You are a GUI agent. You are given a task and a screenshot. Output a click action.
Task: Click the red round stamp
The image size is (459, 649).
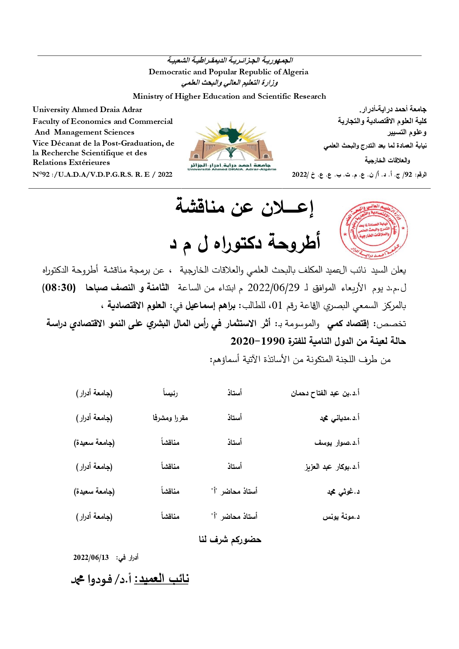click(373, 230)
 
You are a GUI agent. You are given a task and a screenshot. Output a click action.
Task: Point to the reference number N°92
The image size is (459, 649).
click(41, 175)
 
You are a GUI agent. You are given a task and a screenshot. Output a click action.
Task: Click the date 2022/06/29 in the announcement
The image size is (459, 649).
click(273, 288)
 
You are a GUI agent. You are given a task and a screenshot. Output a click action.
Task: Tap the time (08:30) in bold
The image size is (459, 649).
click(59, 288)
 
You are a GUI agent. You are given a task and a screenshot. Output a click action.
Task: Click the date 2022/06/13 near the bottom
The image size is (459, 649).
click(91, 558)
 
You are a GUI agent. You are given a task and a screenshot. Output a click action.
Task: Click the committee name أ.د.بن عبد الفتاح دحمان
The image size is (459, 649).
click(325, 393)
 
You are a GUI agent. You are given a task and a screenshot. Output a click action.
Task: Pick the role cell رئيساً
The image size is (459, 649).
click(170, 393)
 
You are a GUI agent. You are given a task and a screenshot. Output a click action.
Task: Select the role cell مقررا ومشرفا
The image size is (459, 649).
click(170, 418)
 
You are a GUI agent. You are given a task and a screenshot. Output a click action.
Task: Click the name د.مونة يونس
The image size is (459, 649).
click(341, 517)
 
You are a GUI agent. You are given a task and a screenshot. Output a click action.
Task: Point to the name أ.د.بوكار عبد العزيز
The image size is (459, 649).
click(332, 467)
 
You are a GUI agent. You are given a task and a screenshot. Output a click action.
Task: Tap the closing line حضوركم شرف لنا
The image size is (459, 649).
click(230, 540)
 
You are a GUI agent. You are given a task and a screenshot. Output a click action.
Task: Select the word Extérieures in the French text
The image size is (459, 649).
click(91, 162)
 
